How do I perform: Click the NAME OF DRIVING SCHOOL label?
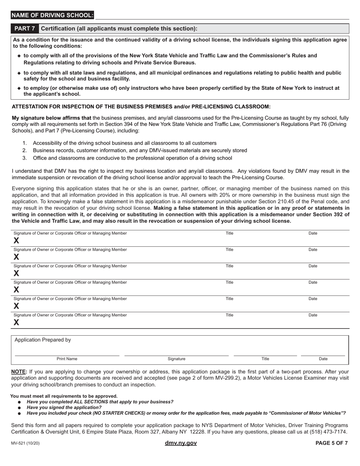[52, 15]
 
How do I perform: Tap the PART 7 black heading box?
[25, 29]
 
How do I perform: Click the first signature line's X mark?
[16, 241]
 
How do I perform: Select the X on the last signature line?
[16, 322]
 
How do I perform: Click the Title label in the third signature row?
[229, 266]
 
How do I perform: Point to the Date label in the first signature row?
[313, 233]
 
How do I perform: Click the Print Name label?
[67, 359]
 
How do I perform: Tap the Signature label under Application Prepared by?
[177, 359]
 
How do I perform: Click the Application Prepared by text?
[43, 340]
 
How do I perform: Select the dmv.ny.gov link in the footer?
[181, 443]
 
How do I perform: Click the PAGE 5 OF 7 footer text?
[332, 443]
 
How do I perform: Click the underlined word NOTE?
[19, 372]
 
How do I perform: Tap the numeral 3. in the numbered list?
[25, 158]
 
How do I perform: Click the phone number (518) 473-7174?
[329, 432]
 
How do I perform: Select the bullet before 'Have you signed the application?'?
[19, 408]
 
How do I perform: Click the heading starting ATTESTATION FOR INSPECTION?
[141, 106]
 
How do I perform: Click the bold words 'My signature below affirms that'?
[52, 118]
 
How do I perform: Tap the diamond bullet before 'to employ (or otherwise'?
[19, 88]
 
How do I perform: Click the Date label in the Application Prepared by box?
[323, 359]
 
